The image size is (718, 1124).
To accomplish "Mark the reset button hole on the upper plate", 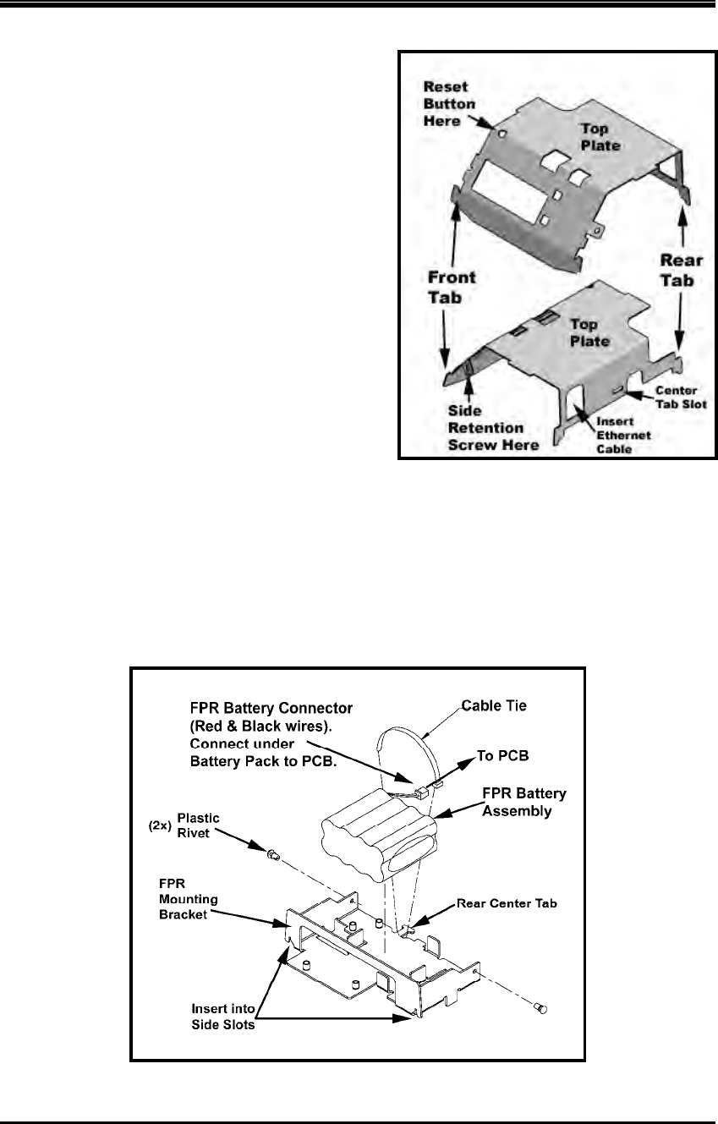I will coord(502,133).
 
